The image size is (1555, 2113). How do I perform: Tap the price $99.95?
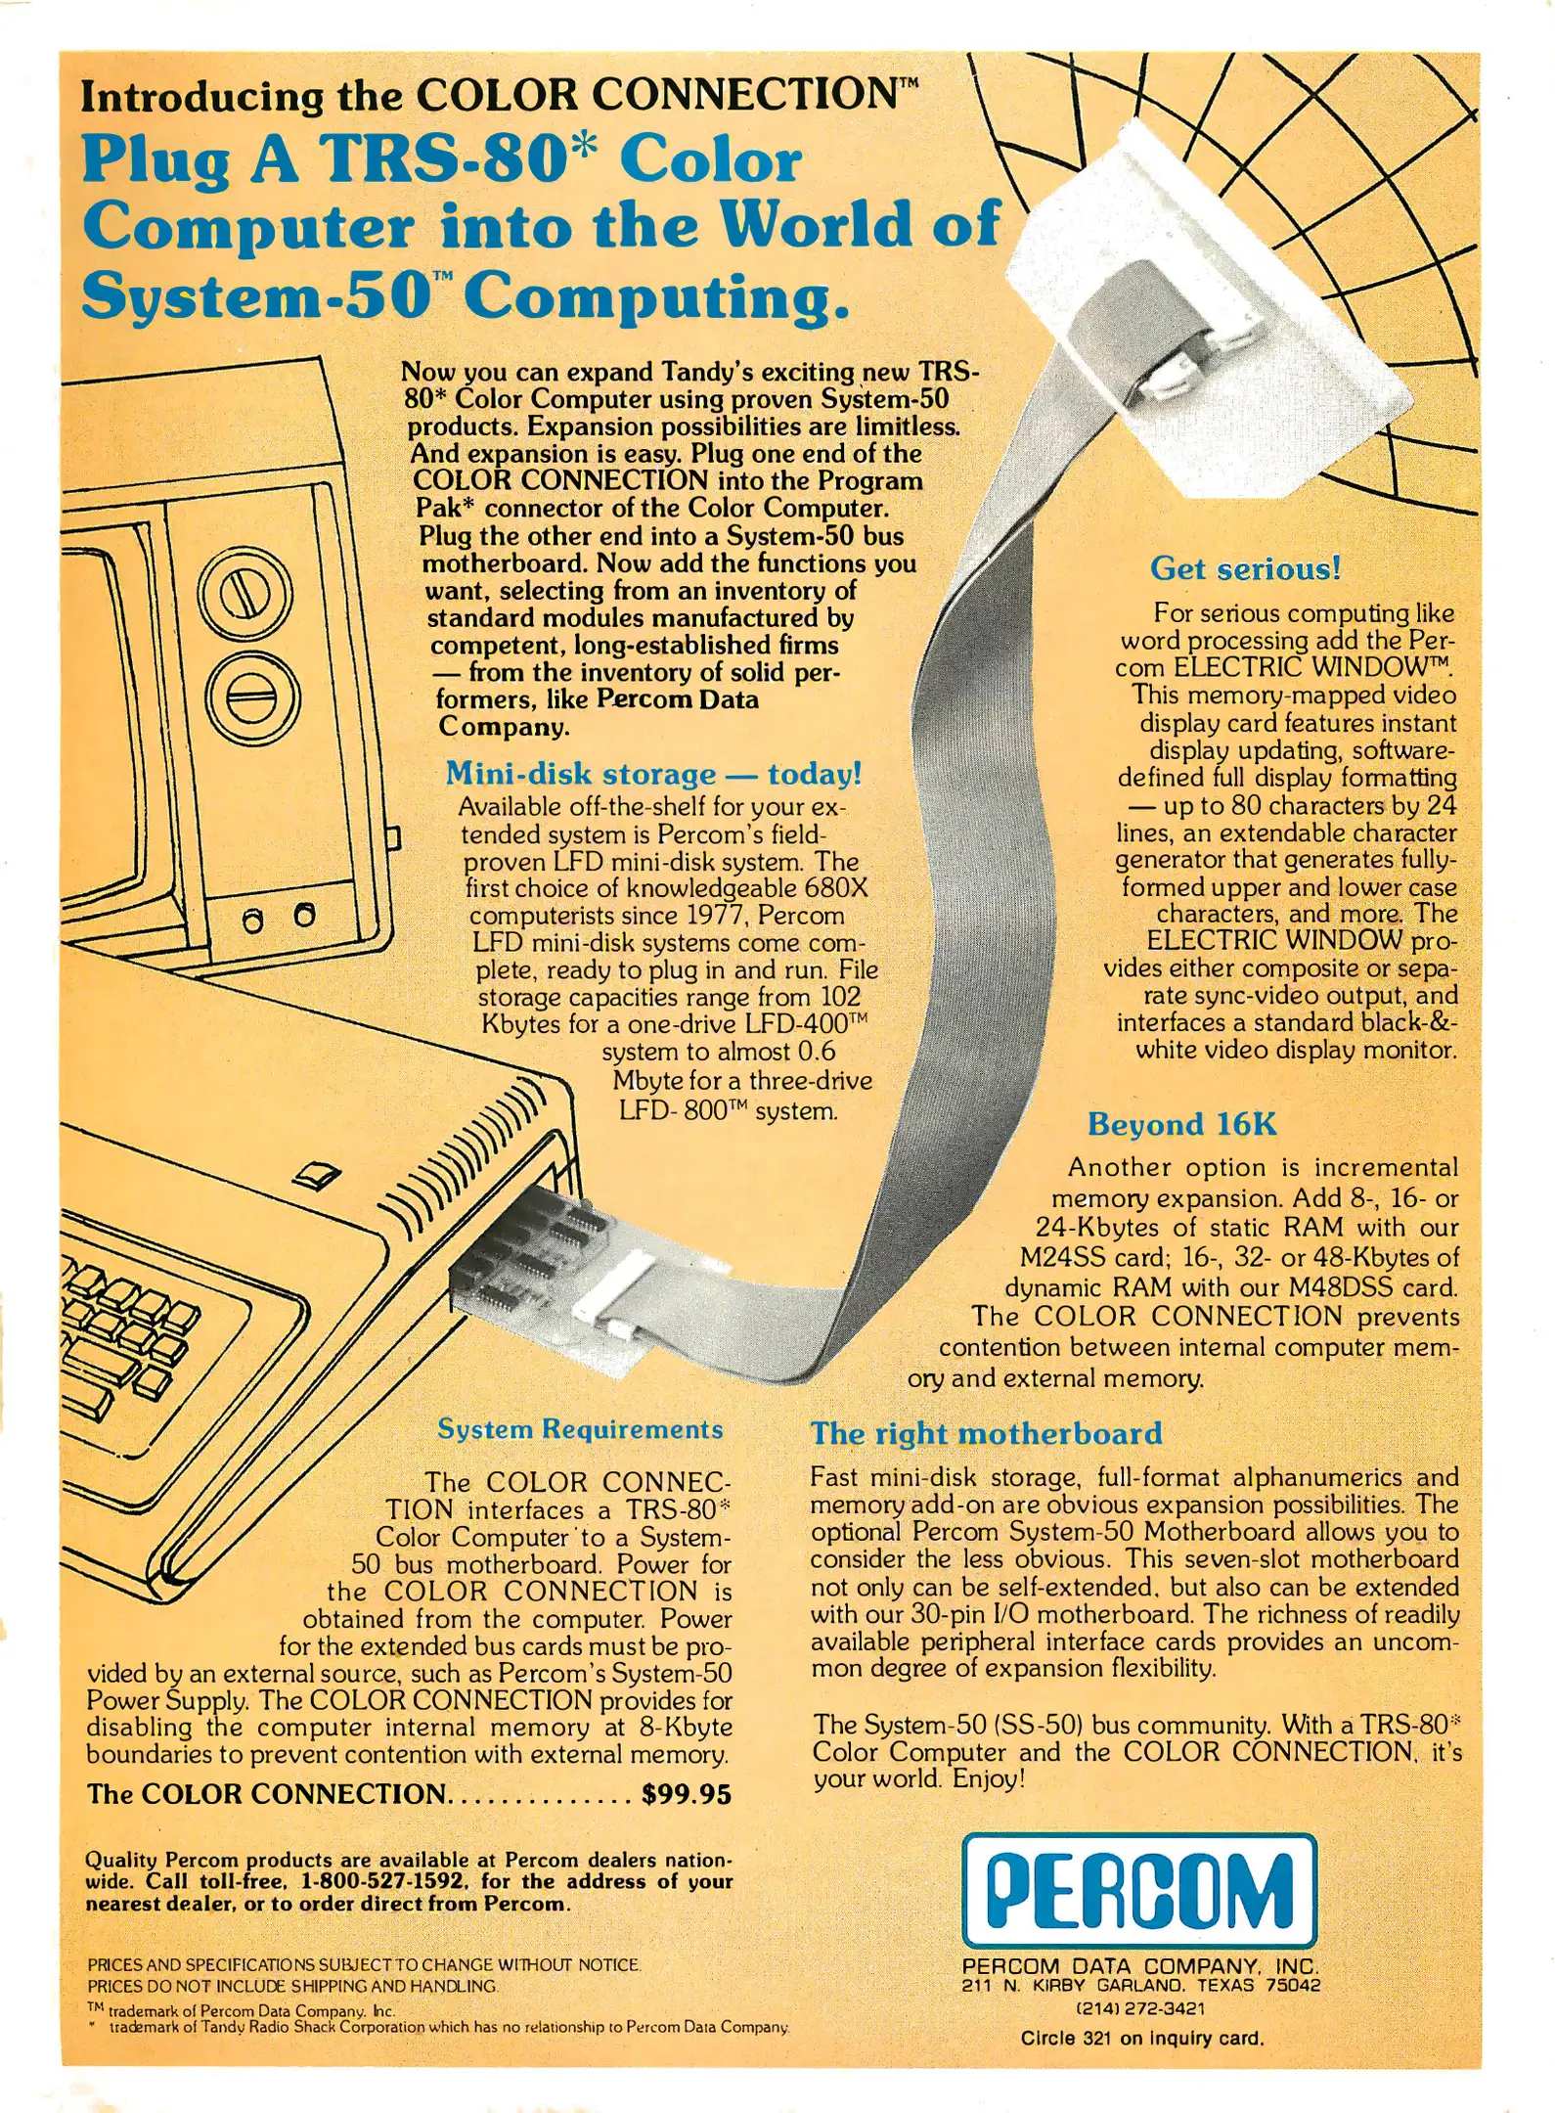687,1794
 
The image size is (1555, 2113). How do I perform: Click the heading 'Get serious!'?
1245,568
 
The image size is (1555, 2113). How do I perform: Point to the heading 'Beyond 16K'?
1181,1124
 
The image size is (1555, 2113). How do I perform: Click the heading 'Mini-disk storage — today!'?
653,774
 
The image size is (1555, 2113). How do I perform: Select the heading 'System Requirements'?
580,1429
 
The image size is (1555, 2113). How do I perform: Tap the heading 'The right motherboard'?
986,1433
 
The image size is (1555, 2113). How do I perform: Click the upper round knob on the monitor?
244,594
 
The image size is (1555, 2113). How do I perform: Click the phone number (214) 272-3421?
1140,2007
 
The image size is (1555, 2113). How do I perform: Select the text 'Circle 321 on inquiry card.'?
1141,2039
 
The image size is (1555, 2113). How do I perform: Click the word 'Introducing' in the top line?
201,96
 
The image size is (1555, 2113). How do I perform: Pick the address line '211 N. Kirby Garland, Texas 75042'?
1140,1985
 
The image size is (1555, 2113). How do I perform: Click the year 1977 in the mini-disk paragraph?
713,916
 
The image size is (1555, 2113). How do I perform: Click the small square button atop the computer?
319,1173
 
